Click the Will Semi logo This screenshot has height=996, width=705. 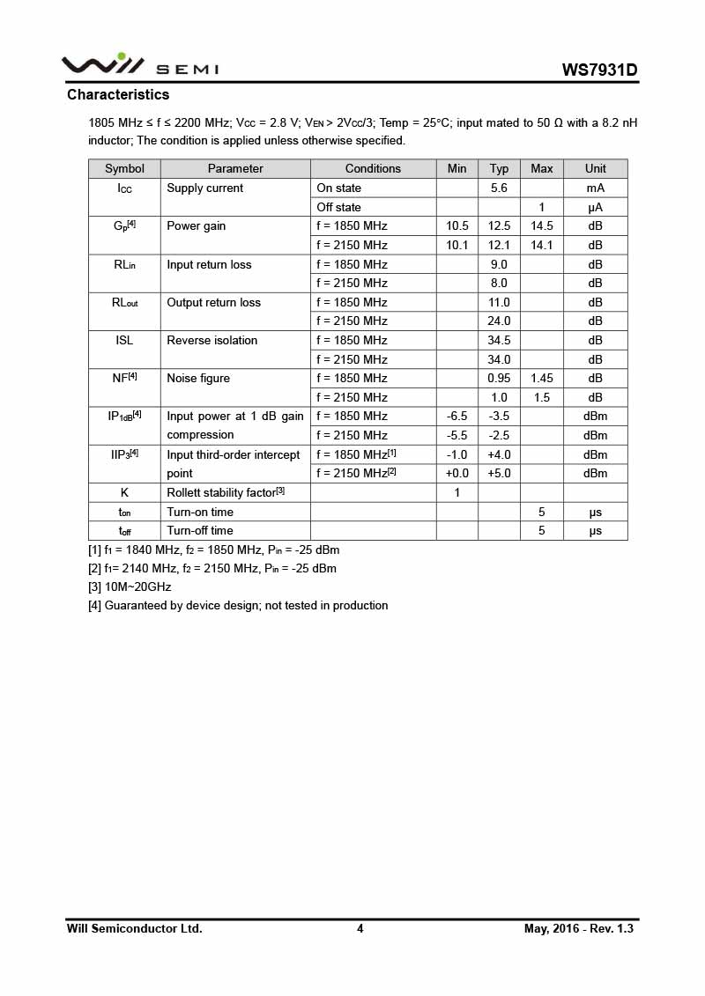click(x=139, y=64)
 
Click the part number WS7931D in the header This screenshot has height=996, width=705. click(x=599, y=70)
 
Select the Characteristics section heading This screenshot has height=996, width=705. click(x=118, y=94)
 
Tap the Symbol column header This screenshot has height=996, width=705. click(x=124, y=168)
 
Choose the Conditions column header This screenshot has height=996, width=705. click(x=373, y=168)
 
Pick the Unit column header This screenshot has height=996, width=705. click(x=595, y=168)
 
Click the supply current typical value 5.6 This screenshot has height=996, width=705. click(x=499, y=188)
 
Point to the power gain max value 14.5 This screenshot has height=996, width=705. click(x=541, y=225)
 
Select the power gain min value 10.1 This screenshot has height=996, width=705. click(x=456, y=245)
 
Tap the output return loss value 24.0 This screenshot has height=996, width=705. click(x=499, y=321)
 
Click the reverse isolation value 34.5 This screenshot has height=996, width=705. click(x=499, y=340)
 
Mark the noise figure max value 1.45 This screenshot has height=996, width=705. click(x=541, y=378)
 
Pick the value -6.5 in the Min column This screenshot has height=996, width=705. click(x=456, y=416)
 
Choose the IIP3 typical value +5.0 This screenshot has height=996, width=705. click(x=499, y=473)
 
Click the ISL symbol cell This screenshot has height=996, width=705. click(x=124, y=340)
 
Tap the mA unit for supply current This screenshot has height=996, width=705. click(x=595, y=188)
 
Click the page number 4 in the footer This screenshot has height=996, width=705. click(x=360, y=928)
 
